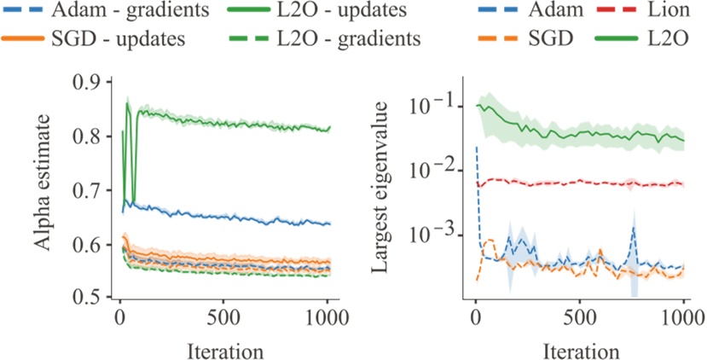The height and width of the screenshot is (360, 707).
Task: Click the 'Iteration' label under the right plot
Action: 580,350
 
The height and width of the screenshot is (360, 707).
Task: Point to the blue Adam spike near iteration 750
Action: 634,229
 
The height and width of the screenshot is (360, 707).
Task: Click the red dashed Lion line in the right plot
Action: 580,182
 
